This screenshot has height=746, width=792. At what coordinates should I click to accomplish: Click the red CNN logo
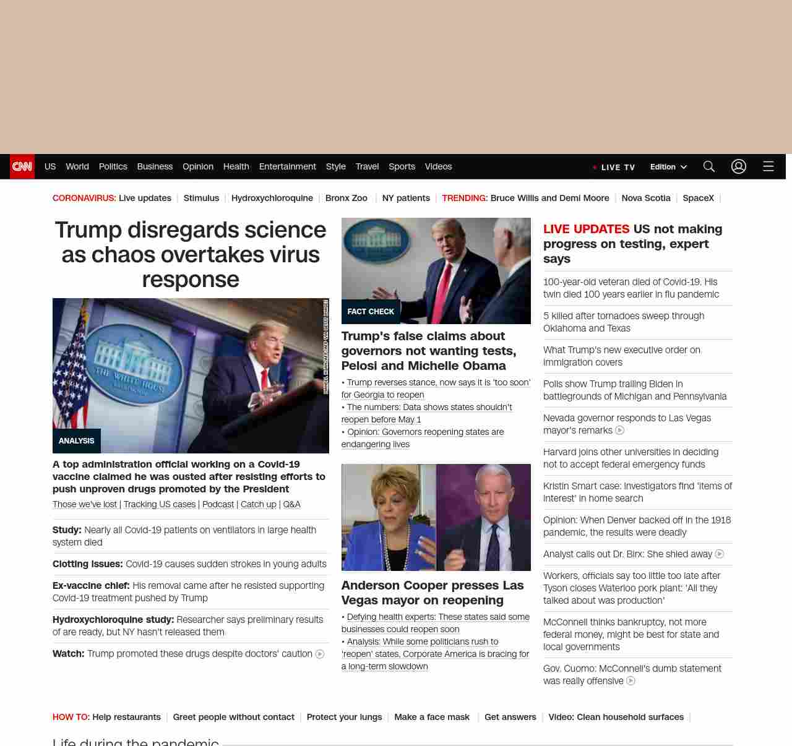22,166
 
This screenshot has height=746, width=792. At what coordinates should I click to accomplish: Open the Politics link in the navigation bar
113,166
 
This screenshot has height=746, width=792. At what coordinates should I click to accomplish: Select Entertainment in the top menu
287,166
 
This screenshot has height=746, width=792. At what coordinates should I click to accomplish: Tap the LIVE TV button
614,167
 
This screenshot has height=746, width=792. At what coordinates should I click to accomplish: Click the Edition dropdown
668,166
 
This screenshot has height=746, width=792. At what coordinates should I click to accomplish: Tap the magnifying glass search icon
709,166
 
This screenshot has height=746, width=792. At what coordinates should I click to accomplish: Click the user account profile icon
739,166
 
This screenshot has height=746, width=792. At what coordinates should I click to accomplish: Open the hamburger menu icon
768,166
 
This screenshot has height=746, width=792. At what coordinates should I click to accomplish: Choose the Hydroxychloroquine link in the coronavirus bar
272,198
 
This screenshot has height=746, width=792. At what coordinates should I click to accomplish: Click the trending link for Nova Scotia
646,198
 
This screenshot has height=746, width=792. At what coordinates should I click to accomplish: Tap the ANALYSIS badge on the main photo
77,441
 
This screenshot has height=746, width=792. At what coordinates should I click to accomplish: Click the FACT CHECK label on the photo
371,312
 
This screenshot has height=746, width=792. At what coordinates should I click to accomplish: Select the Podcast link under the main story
218,504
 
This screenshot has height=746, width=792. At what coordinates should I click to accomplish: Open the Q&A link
291,504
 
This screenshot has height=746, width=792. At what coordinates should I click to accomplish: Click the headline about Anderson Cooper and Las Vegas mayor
432,593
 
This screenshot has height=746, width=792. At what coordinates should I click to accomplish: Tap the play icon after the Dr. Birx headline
720,554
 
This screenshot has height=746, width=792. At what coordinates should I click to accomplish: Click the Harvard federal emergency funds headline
631,458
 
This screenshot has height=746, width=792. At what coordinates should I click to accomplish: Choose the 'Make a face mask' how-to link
432,717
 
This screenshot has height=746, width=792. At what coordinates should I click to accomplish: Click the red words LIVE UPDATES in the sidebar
586,229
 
